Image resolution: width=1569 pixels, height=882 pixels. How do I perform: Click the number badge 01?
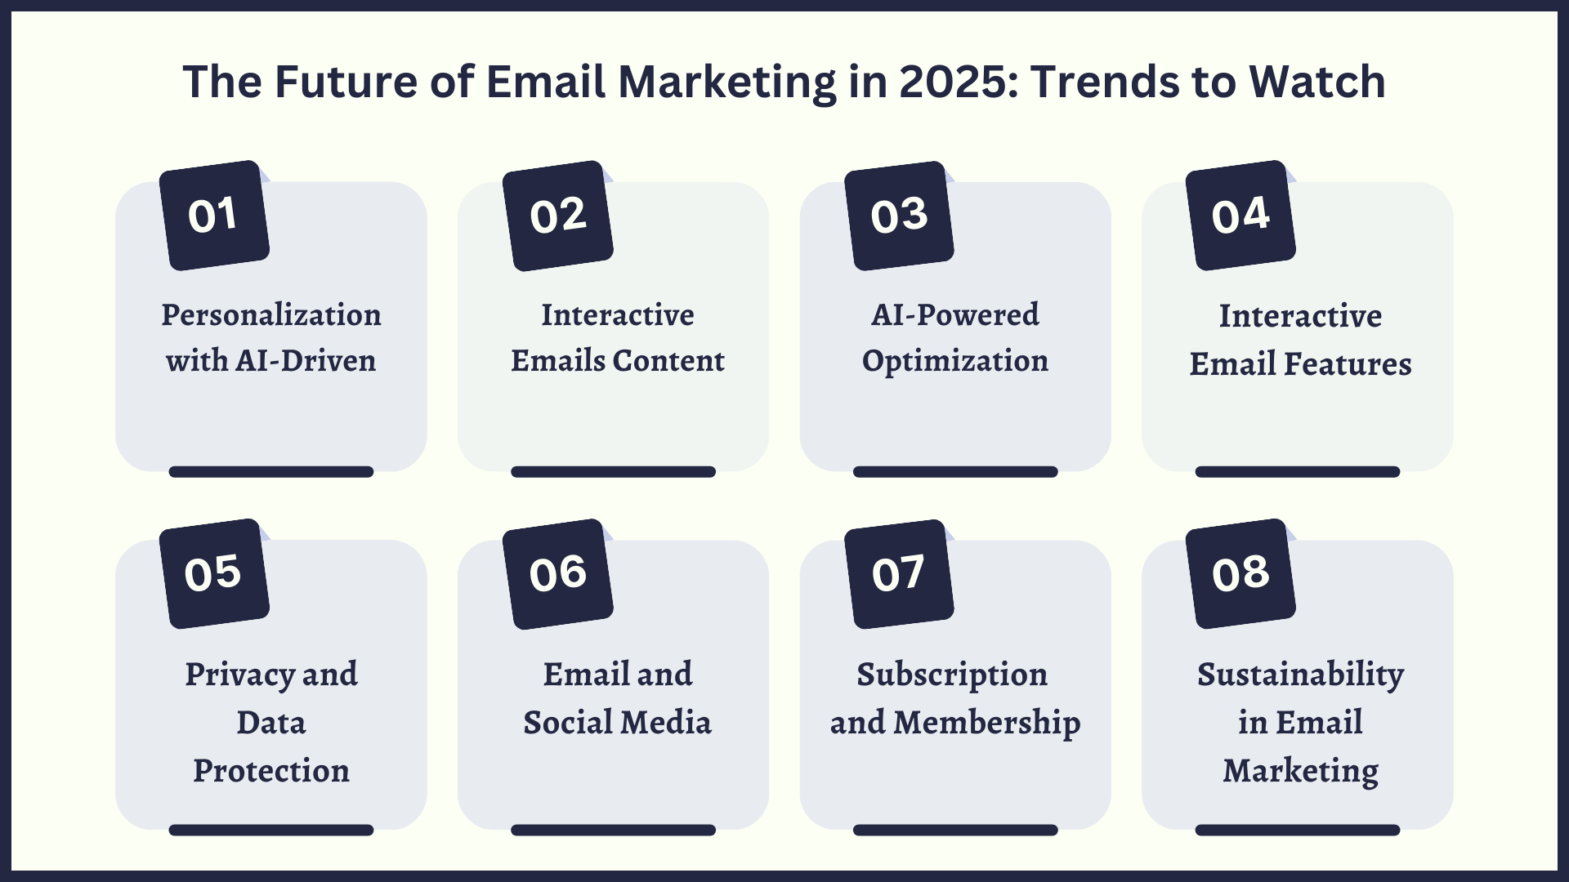point(214,216)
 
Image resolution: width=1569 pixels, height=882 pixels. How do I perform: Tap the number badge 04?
point(1240,216)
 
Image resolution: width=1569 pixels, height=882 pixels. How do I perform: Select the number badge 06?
point(558,574)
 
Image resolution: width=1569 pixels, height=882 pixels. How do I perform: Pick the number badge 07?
point(899,574)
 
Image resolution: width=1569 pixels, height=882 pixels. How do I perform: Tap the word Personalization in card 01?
point(271,315)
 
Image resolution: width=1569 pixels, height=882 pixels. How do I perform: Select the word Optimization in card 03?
point(954,361)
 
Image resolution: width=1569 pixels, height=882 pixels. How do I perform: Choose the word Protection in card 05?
point(271,771)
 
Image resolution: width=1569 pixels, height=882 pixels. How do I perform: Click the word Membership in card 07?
point(986,723)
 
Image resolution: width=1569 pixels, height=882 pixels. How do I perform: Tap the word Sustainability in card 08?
point(1300,675)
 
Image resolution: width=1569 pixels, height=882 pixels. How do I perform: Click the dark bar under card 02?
point(613,472)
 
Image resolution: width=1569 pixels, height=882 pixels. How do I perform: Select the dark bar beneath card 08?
point(1297,830)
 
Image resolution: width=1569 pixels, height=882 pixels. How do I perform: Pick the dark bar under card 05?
point(271,830)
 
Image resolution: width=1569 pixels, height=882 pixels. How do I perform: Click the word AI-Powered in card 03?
point(954,315)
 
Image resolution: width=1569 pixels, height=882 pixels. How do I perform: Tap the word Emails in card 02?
point(558,361)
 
